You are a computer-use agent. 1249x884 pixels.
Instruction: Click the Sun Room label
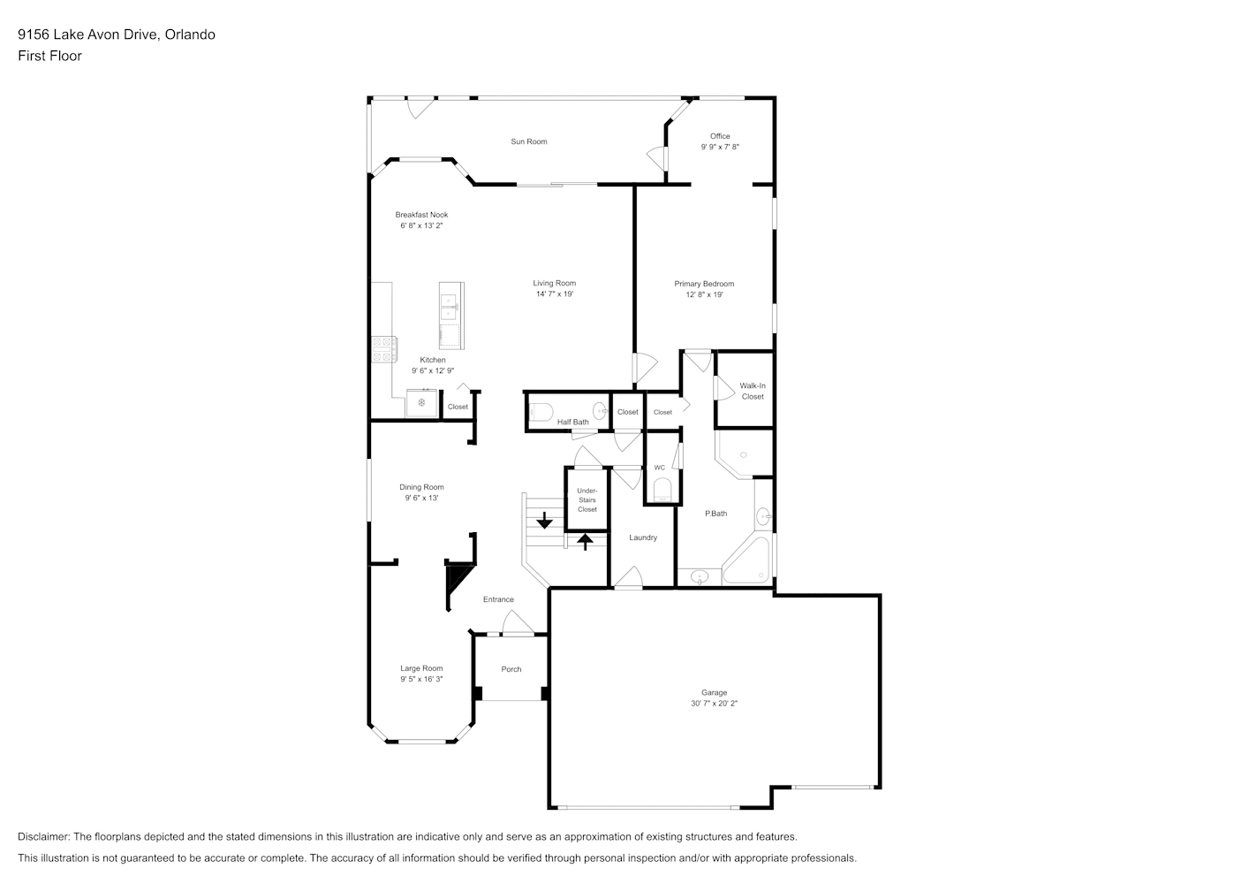pyautogui.click(x=528, y=141)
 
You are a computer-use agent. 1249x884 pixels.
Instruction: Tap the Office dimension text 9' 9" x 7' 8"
pyautogui.click(x=720, y=147)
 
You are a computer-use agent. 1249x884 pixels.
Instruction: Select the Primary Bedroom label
pyautogui.click(x=704, y=284)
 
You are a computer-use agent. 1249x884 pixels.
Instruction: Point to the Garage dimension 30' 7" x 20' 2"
pyautogui.click(x=714, y=703)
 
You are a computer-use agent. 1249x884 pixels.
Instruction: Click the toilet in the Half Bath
pyautogui.click(x=540, y=413)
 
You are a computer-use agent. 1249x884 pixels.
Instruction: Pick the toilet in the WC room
pyautogui.click(x=662, y=490)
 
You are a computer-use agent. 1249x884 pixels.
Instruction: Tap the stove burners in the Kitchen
pyautogui.click(x=384, y=349)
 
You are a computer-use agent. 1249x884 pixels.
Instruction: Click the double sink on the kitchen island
pyautogui.click(x=449, y=308)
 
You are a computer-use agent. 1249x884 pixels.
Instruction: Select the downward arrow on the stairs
pyautogui.click(x=544, y=520)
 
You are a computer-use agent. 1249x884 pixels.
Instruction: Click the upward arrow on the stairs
pyautogui.click(x=585, y=541)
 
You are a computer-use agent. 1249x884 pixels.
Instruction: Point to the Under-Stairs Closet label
pyautogui.click(x=587, y=500)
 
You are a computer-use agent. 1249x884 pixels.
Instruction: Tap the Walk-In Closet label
pyautogui.click(x=753, y=391)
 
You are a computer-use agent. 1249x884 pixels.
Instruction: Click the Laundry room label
pyautogui.click(x=643, y=537)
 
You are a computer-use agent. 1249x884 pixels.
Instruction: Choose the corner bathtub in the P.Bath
pyautogui.click(x=746, y=560)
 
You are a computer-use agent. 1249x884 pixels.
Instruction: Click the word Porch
pyautogui.click(x=511, y=669)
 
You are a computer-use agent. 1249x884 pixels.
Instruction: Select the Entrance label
pyautogui.click(x=498, y=599)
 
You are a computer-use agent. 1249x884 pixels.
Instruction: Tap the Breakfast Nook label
pyautogui.click(x=421, y=214)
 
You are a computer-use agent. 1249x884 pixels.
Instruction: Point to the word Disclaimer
pyautogui.click(x=43, y=836)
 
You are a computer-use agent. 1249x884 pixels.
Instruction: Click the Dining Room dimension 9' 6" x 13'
pyautogui.click(x=421, y=498)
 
